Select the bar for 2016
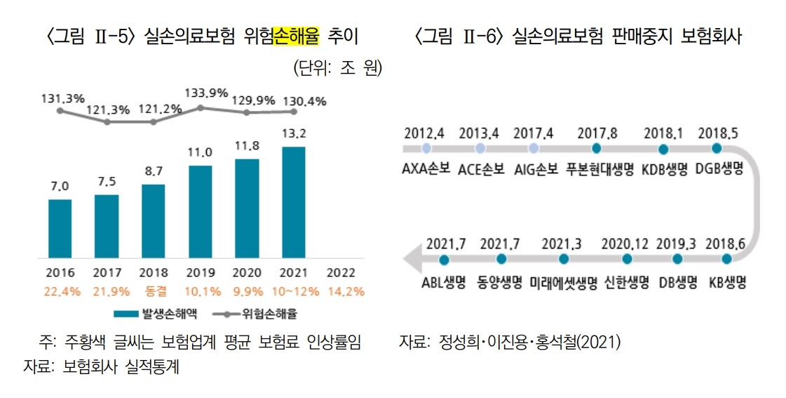[60, 229]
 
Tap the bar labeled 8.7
[153, 221]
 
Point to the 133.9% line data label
[206, 93]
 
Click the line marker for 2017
[107, 121]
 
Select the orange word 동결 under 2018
[153, 290]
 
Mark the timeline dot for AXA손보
[426, 149]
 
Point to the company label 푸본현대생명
[597, 169]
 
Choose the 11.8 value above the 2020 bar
[247, 146]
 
